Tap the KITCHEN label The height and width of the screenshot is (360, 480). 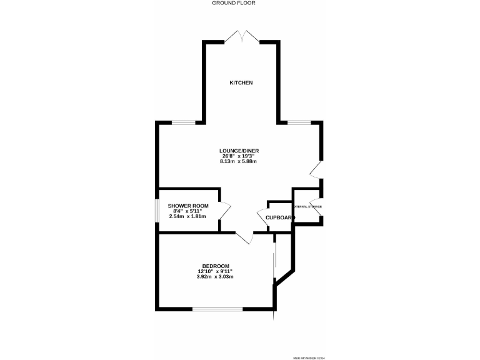coord(241,83)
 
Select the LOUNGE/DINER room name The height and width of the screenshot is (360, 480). coord(239,151)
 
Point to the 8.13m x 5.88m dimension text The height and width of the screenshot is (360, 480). coord(239,161)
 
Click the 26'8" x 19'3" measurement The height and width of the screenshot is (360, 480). coord(239,156)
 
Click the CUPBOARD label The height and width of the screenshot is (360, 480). coord(279,217)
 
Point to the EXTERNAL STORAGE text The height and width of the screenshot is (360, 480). coord(307,206)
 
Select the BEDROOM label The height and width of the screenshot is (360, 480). coord(215,266)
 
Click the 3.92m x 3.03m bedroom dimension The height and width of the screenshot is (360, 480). coord(215,276)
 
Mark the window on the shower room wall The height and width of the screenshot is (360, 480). coord(157,211)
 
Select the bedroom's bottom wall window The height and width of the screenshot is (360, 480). coord(217,309)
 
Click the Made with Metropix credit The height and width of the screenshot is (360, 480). coord(309,357)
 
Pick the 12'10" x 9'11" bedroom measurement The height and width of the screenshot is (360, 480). coord(215,271)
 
